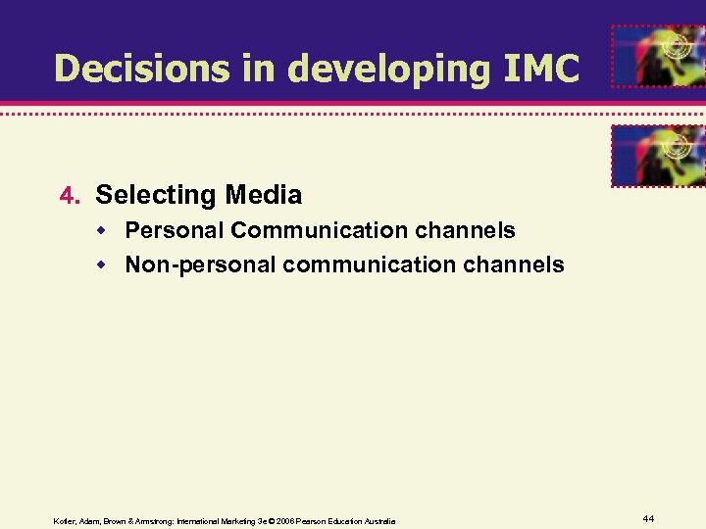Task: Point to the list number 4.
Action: tap(68, 196)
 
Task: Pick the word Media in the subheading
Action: tap(264, 195)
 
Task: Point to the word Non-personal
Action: tap(201, 264)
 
